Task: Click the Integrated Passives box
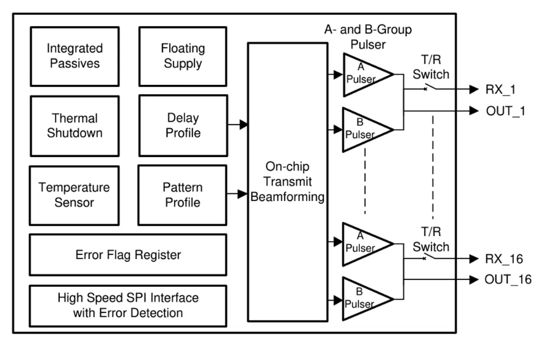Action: click(x=75, y=56)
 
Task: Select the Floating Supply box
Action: click(x=183, y=56)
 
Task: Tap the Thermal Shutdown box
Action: click(x=75, y=125)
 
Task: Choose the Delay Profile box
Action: click(x=183, y=125)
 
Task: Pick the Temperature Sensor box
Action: click(x=75, y=195)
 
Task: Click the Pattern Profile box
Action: click(x=183, y=194)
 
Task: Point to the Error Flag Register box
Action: click(x=128, y=254)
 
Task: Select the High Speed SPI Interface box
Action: click(x=128, y=306)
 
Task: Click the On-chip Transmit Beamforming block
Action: click(x=287, y=182)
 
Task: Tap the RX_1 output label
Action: click(x=500, y=90)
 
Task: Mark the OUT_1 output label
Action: click(x=505, y=111)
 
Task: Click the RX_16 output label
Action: click(x=503, y=259)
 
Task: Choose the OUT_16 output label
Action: click(x=508, y=281)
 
